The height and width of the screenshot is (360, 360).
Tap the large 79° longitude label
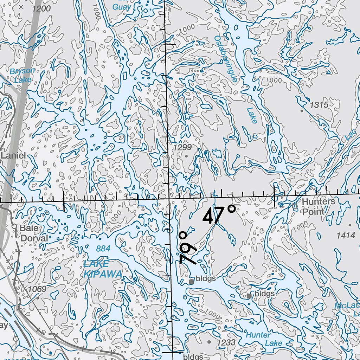(188, 247)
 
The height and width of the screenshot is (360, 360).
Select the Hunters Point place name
(314, 206)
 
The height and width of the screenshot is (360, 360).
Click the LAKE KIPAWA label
(98, 269)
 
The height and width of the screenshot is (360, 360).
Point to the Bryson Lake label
(22, 75)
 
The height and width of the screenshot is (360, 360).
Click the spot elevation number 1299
(183, 147)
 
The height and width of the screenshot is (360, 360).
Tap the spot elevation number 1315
(319, 104)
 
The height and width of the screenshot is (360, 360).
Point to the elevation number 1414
(346, 236)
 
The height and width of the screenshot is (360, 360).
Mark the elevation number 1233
(226, 342)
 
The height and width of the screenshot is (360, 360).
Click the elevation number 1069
(37, 289)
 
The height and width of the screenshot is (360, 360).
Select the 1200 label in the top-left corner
(41, 9)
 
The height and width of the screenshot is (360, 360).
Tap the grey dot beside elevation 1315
(301, 111)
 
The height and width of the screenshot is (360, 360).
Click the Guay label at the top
(122, 7)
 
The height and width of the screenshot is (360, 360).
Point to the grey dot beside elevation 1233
(209, 341)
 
